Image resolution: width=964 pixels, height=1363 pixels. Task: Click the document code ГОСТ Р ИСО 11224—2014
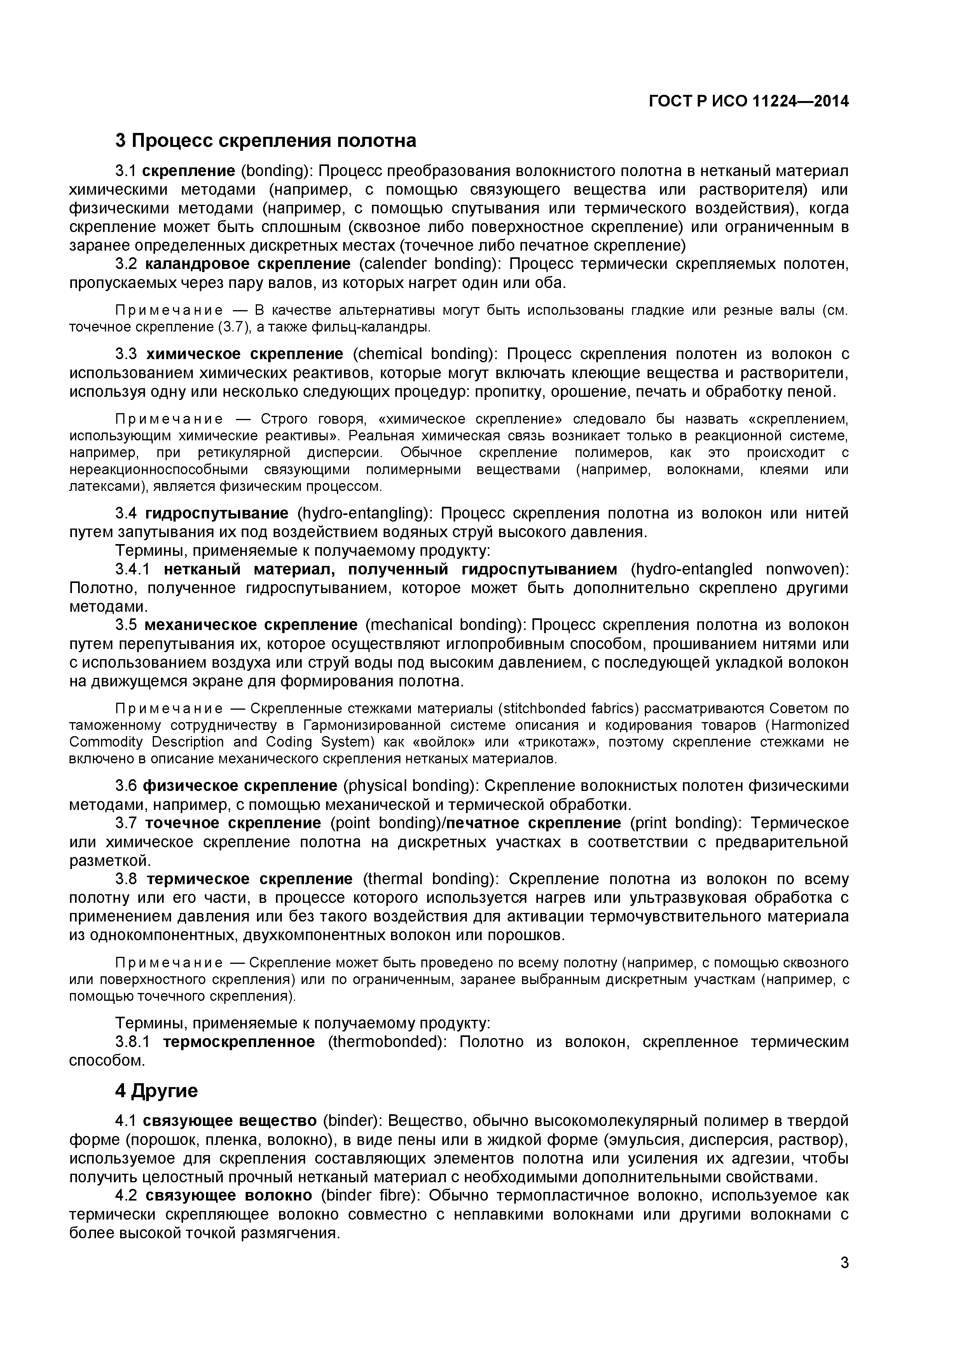coord(749,101)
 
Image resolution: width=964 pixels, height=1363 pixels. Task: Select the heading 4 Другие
coord(156,1091)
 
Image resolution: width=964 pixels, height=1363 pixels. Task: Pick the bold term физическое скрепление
coord(240,786)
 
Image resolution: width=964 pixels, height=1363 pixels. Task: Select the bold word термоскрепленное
coord(239,1026)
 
